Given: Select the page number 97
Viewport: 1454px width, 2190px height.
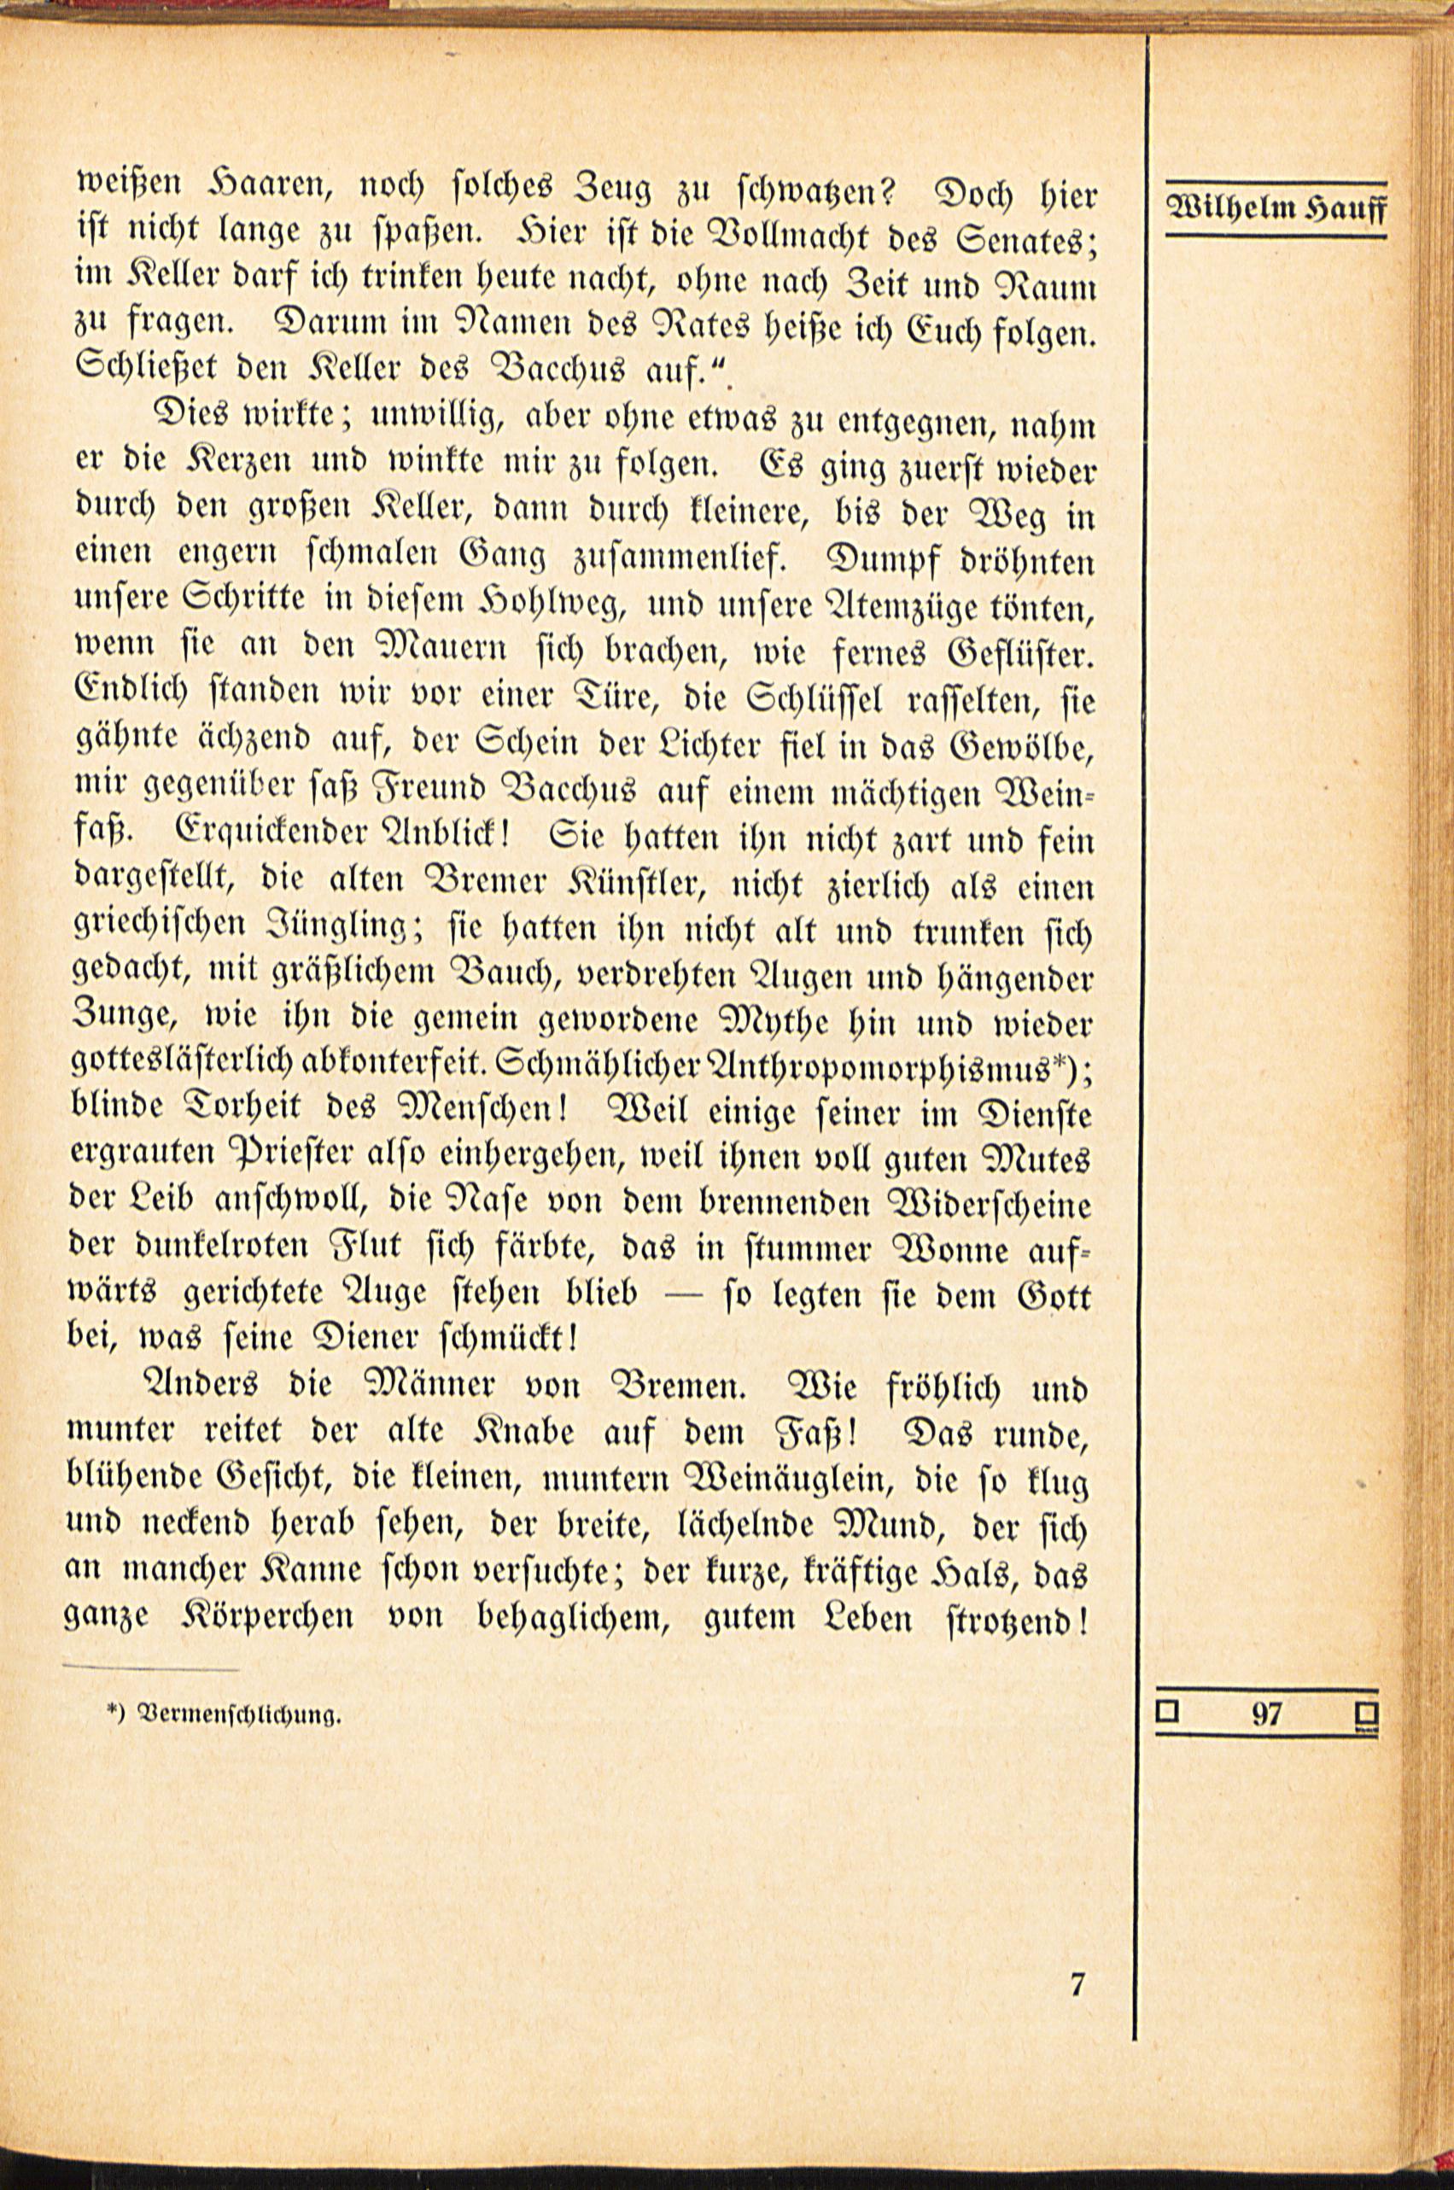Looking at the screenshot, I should pyautogui.click(x=1266, y=1714).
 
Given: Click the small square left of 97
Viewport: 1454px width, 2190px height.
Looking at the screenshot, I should pyautogui.click(x=1167, y=1711).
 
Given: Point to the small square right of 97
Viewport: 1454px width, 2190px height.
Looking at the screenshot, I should pyautogui.click(x=1367, y=1713).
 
